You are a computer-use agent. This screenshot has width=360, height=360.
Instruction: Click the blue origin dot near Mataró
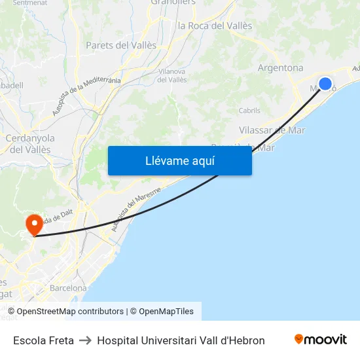click(x=325, y=84)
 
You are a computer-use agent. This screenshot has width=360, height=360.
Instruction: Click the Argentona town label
click(x=280, y=68)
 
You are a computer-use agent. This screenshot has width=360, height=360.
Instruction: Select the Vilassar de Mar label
click(x=272, y=130)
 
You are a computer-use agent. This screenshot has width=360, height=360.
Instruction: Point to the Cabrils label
click(x=249, y=111)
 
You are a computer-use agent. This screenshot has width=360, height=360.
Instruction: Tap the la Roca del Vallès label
click(x=215, y=26)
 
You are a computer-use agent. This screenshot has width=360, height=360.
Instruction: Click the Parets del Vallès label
click(x=121, y=45)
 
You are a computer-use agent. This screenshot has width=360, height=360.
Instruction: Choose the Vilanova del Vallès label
click(x=172, y=75)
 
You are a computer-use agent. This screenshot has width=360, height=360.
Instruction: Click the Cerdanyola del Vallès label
click(x=29, y=144)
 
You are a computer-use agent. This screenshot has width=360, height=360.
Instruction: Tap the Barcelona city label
click(x=68, y=288)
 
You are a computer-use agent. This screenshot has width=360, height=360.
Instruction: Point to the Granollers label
click(x=173, y=3)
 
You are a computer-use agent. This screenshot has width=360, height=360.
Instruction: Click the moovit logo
click(x=320, y=340)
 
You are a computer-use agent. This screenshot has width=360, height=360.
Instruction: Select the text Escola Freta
click(x=43, y=340)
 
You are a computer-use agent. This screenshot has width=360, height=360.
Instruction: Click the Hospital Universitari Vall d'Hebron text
click(x=181, y=340)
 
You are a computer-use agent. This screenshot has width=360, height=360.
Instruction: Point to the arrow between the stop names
click(x=85, y=340)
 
